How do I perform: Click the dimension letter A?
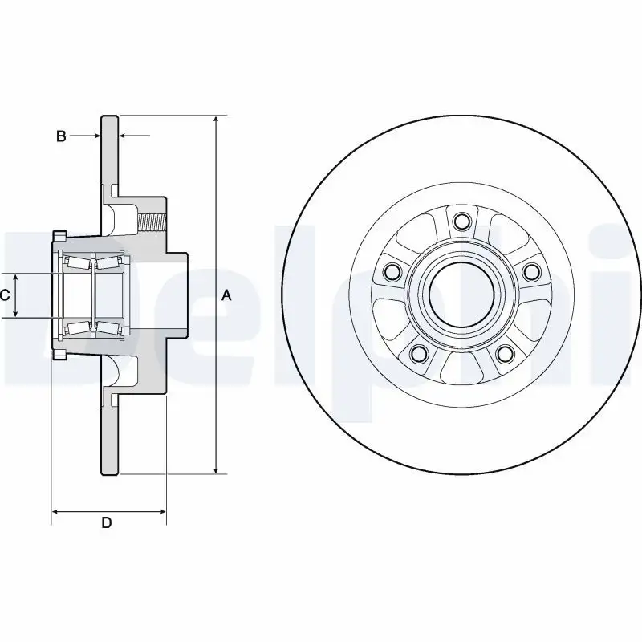click(226, 295)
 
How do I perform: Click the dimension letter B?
click(61, 136)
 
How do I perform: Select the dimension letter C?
click(5, 295)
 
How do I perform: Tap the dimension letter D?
click(106, 523)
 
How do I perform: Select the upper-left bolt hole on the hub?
click(392, 272)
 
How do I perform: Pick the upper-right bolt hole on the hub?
click(530, 272)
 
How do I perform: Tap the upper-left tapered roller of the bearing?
click(78, 263)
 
